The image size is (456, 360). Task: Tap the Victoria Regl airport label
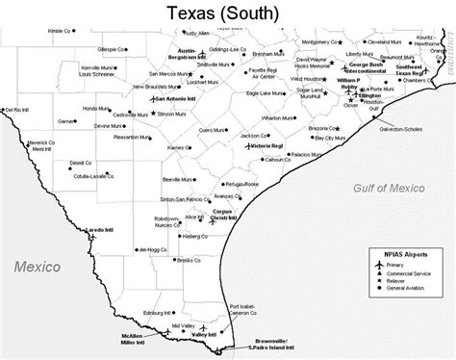tap(267, 145)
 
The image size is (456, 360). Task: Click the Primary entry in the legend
tap(408, 263)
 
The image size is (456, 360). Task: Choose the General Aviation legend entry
tap(416, 288)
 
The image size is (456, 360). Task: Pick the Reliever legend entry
tap(408, 279)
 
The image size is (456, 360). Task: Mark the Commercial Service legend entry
tap(419, 271)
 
